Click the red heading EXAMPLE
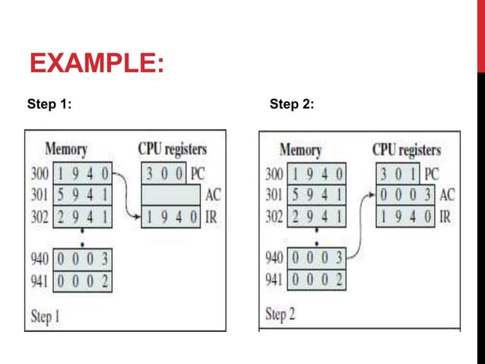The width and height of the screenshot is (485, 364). pyautogui.click(x=96, y=62)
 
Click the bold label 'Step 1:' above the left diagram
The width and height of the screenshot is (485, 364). pyautogui.click(x=49, y=104)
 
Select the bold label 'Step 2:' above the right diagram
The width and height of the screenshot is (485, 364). pyautogui.click(x=292, y=104)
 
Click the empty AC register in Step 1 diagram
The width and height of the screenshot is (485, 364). pyautogui.click(x=170, y=194)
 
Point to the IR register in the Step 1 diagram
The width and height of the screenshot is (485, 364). pyautogui.click(x=170, y=217)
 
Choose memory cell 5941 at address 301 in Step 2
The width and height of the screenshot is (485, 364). pyautogui.click(x=316, y=196)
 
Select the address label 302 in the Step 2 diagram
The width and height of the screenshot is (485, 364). pyautogui.click(x=274, y=217)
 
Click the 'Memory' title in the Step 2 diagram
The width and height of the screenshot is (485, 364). pyautogui.click(x=299, y=150)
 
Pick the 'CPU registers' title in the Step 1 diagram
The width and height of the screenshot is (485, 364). pyautogui.click(x=172, y=148)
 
